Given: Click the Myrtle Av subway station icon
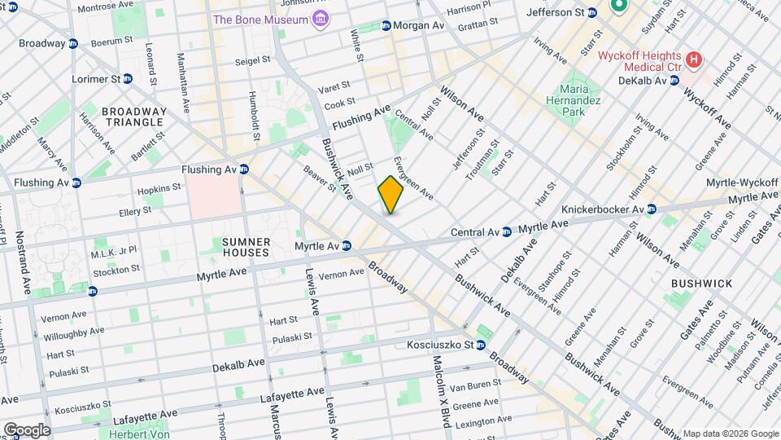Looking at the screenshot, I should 347,245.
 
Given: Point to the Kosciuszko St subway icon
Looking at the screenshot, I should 480,345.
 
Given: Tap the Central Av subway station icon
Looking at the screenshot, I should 506,231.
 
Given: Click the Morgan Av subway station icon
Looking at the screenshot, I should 386,26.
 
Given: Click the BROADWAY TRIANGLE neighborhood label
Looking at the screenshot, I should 134,117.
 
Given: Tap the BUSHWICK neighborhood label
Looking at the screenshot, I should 703,283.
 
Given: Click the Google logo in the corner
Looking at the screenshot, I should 27,430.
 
